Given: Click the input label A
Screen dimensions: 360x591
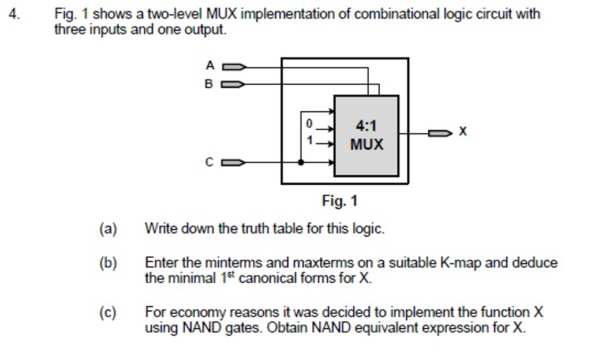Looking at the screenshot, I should (x=210, y=66).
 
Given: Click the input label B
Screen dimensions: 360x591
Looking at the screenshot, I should (x=209, y=84).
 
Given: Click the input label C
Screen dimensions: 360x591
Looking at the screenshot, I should (x=209, y=163).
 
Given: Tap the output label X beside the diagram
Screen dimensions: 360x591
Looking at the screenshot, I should (x=462, y=132).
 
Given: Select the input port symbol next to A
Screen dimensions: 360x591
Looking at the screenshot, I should (x=234, y=67).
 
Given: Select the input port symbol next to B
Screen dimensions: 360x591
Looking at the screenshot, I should (x=234, y=85).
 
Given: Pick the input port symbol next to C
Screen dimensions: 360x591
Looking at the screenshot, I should (x=234, y=163).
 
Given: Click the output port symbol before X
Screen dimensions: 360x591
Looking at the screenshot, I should (x=440, y=134).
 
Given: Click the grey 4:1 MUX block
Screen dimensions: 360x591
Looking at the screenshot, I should (x=366, y=136).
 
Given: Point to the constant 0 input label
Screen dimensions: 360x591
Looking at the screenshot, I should (x=309, y=123).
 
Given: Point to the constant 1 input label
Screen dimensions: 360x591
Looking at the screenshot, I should (x=309, y=140).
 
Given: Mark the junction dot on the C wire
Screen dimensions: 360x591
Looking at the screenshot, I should (x=301, y=163).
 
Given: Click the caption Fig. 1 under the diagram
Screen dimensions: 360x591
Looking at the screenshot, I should (x=339, y=201).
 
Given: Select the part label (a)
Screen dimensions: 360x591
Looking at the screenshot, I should (x=108, y=229).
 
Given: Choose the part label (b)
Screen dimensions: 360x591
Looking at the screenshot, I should (x=108, y=264).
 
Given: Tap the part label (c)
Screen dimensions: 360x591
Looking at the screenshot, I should (x=108, y=313).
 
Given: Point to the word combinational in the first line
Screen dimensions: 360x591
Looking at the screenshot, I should (x=399, y=14).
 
